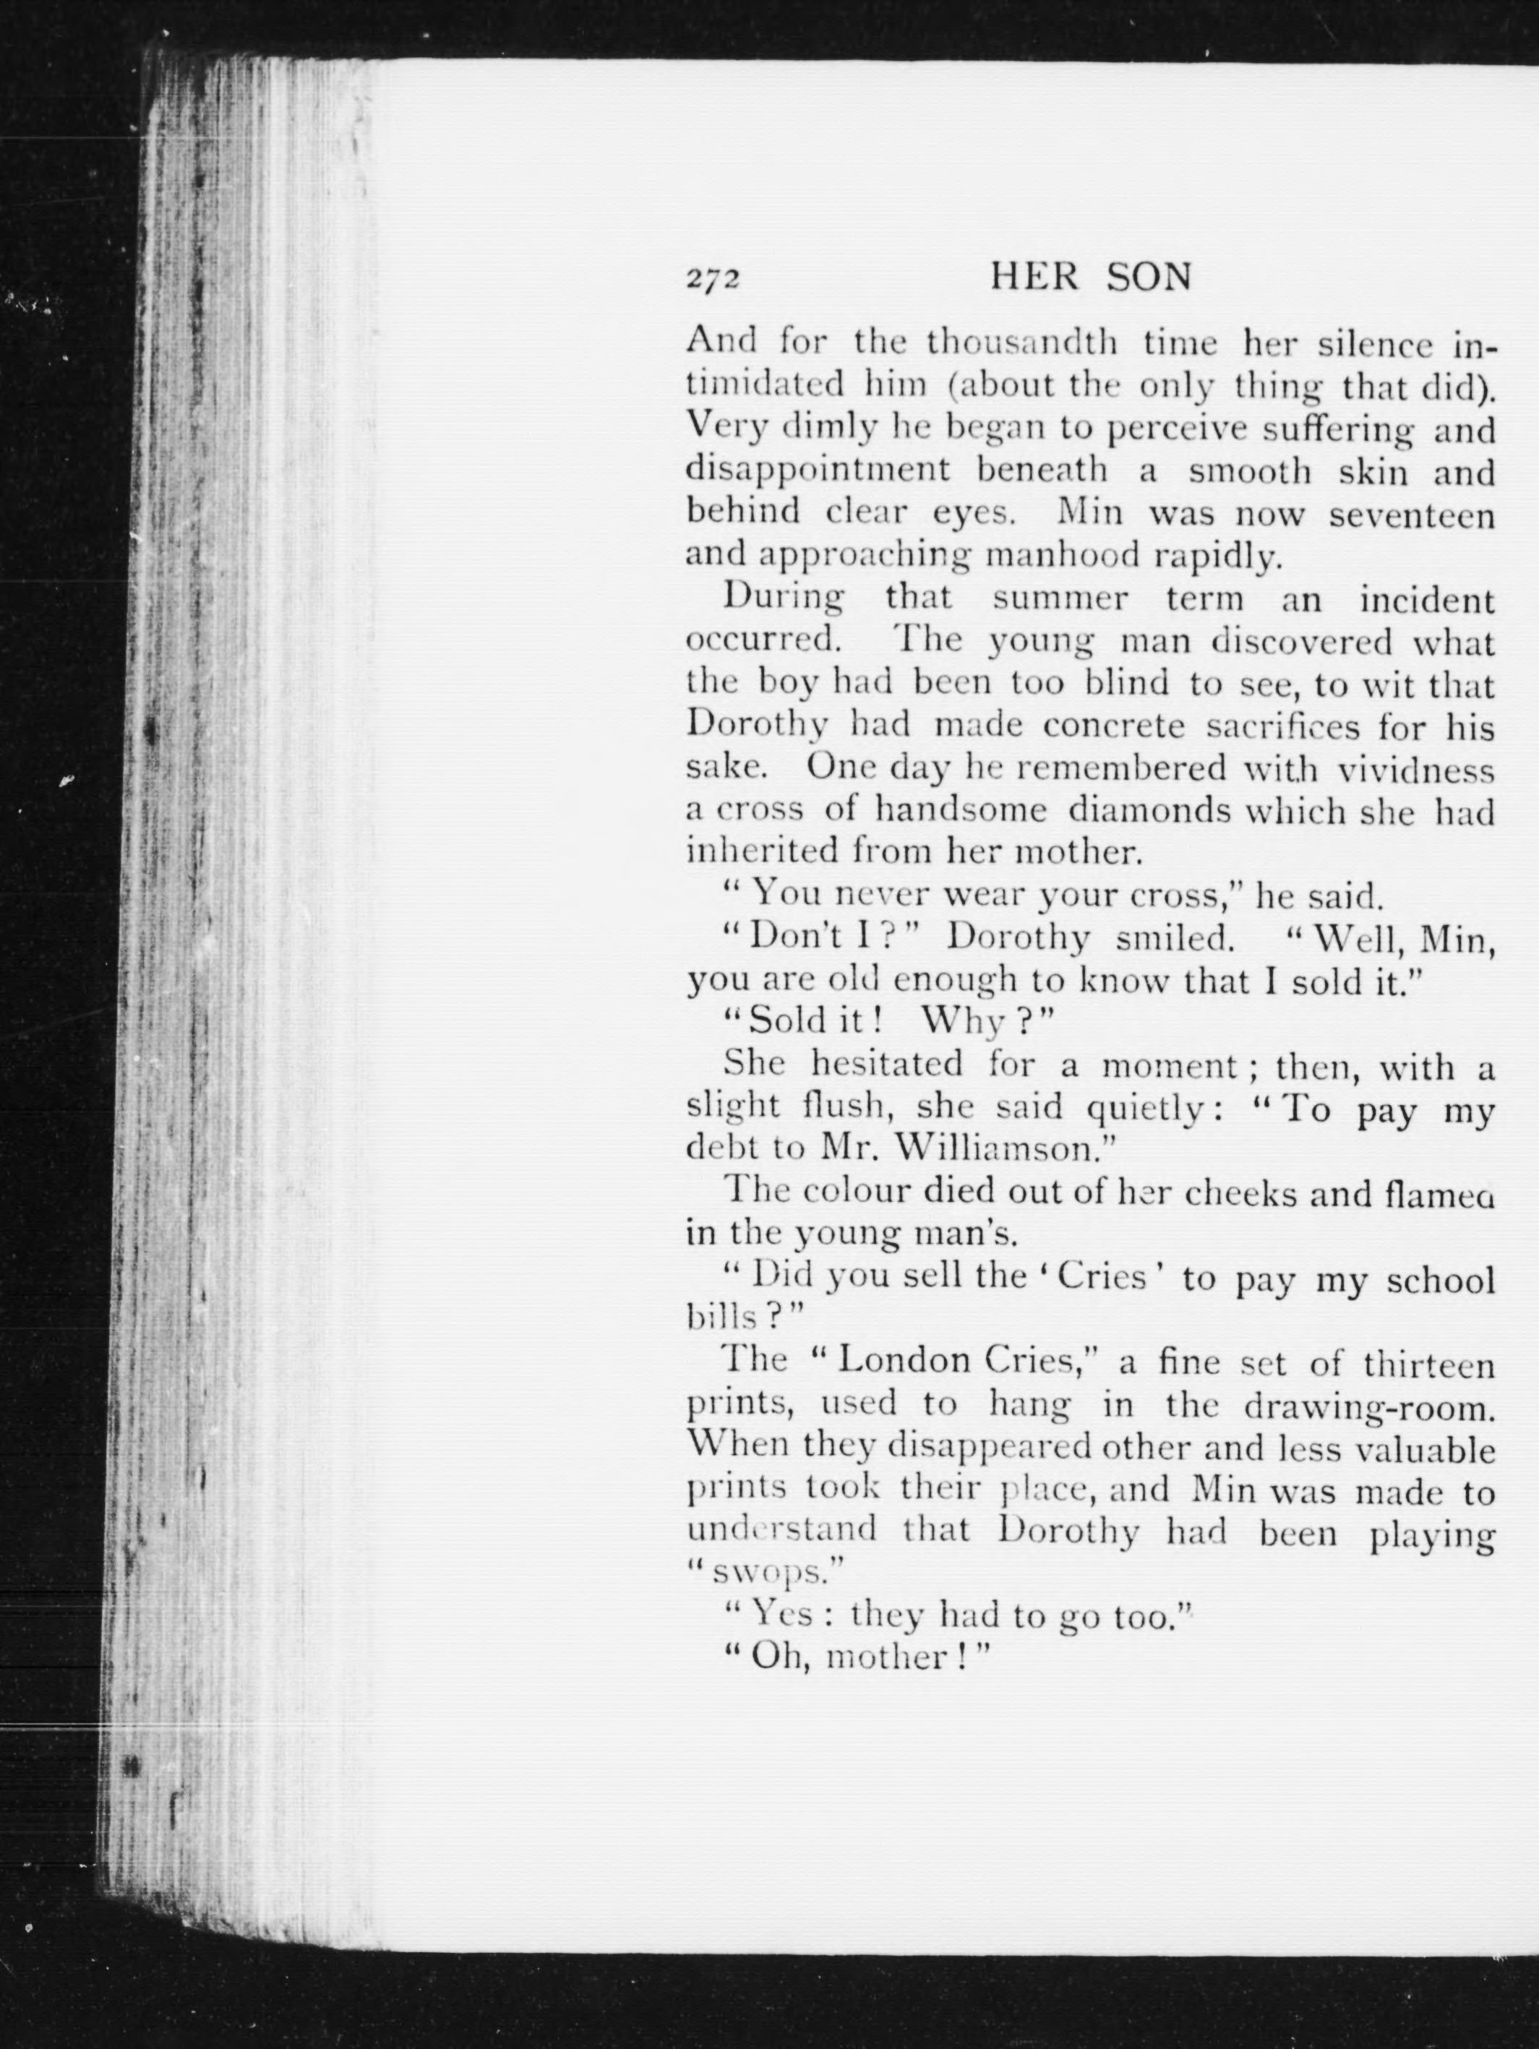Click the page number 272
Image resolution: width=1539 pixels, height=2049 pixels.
coord(713,280)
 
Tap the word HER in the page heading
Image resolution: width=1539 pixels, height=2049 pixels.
coord(1034,278)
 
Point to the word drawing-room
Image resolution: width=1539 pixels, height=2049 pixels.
coord(1369,1406)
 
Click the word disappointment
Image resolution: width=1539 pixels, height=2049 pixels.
coord(818,471)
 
